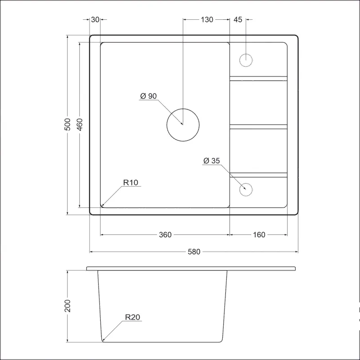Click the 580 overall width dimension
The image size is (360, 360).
click(194, 252)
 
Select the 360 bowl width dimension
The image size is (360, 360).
click(165, 234)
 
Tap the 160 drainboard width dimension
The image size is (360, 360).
click(259, 234)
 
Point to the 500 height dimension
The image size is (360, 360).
click(67, 125)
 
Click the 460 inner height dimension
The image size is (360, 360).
click(80, 125)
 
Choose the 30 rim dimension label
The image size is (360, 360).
click(95, 20)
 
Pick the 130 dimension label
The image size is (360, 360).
click(207, 20)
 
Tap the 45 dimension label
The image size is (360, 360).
click(238, 20)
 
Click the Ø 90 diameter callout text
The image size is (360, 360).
click(148, 96)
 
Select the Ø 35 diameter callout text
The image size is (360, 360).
click(211, 161)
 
